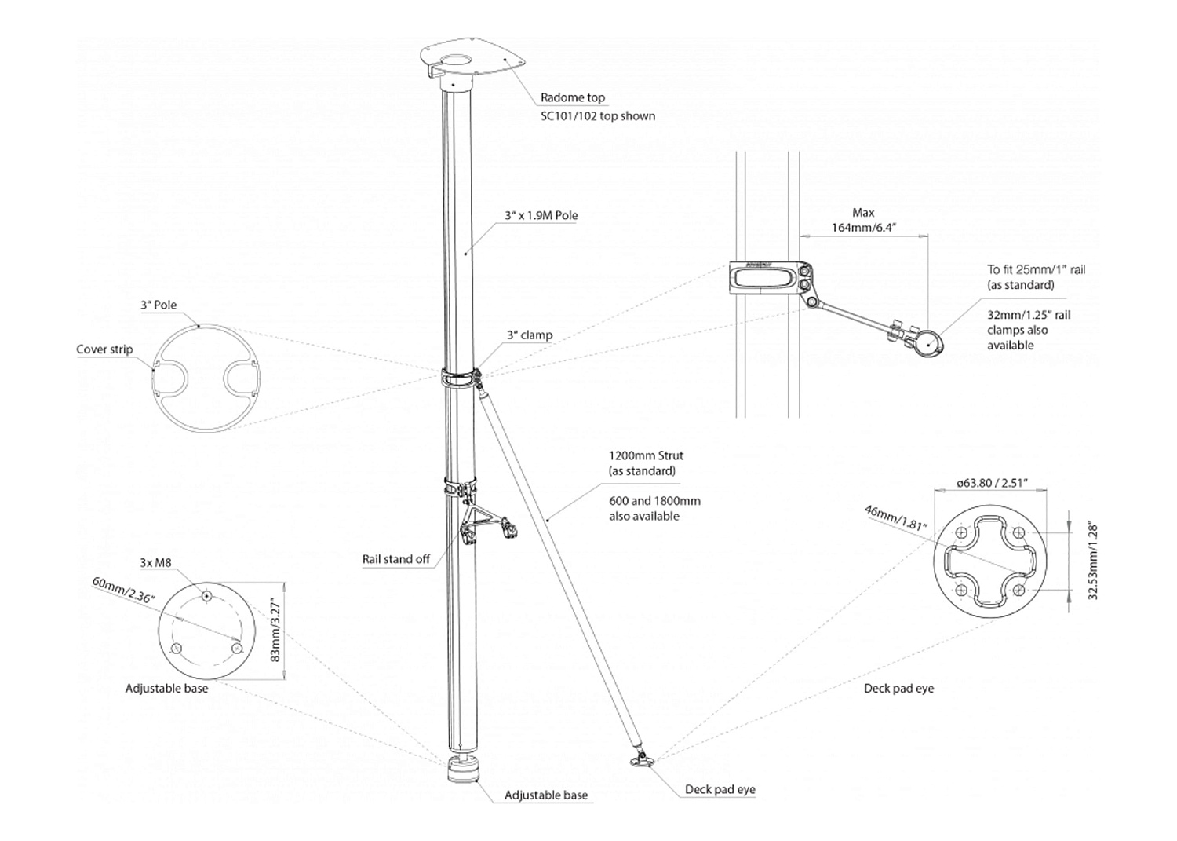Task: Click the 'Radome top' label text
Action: pyautogui.click(x=573, y=98)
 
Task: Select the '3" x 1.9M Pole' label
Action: pyautogui.click(x=541, y=215)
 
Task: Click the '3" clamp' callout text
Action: pyautogui.click(x=529, y=335)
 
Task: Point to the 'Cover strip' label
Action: pyautogui.click(x=104, y=349)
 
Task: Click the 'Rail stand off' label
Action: pyautogui.click(x=396, y=559)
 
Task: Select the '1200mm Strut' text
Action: pyautogui.click(x=646, y=455)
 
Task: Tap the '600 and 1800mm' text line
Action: pyautogui.click(x=654, y=501)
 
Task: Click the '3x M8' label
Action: pyautogui.click(x=155, y=563)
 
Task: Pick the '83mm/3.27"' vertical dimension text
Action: pyautogui.click(x=275, y=631)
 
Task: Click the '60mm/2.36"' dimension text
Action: pyautogui.click(x=124, y=590)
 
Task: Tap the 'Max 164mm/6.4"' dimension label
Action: pyautogui.click(x=863, y=221)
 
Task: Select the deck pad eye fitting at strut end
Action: pyautogui.click(x=642, y=759)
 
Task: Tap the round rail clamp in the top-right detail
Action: pyautogui.click(x=929, y=343)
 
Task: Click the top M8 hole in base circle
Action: pyautogui.click(x=207, y=597)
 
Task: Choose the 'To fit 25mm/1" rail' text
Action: pyautogui.click(x=1036, y=269)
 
